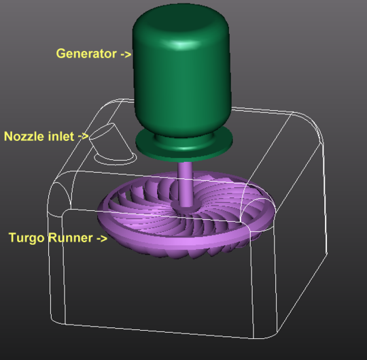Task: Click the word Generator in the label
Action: point(86,54)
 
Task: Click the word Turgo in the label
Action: point(27,238)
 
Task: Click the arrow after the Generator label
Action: point(125,54)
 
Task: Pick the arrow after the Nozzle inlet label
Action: point(83,135)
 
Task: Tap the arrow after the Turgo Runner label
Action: point(101,238)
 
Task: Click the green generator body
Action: point(182,82)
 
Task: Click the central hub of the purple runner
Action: point(184,203)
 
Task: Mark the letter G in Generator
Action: point(60,54)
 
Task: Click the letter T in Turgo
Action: point(12,238)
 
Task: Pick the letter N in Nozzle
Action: point(8,135)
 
